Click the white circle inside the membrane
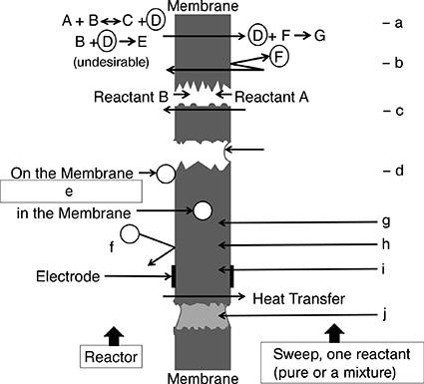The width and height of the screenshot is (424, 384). click(203, 210)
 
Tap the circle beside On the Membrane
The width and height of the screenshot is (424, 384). click(166, 174)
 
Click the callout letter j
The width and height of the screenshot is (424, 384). click(384, 312)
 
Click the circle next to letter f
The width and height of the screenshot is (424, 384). click(130, 235)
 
